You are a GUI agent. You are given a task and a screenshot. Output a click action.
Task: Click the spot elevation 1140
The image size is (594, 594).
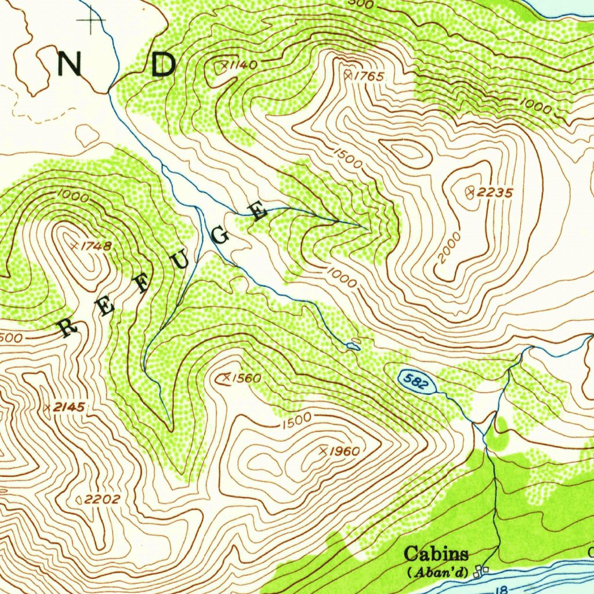240,65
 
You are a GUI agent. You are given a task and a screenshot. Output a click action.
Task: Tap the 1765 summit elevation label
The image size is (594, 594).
370,76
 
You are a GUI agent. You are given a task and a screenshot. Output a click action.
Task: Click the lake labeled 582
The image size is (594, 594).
416,381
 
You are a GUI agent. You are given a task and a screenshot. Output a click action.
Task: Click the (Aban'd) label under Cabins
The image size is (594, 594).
437,572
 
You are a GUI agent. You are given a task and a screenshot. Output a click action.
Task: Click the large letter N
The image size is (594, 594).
70,64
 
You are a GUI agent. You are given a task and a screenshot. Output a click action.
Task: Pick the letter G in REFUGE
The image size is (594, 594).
222,237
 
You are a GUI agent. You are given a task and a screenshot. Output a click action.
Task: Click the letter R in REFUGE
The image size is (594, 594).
68,328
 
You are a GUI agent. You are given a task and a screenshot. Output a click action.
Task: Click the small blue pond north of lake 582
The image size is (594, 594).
353,346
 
